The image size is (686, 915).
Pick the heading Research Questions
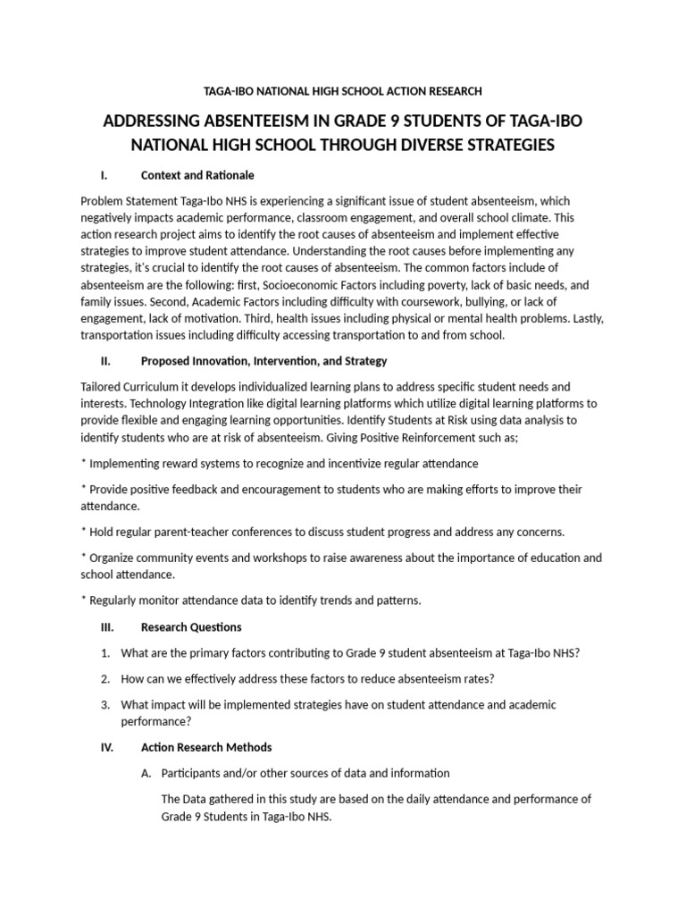(191, 626)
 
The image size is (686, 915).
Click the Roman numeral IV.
(106, 747)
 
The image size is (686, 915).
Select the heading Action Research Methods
(206, 747)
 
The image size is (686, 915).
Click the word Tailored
(102, 387)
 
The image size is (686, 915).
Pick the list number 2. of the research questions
(105, 678)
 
